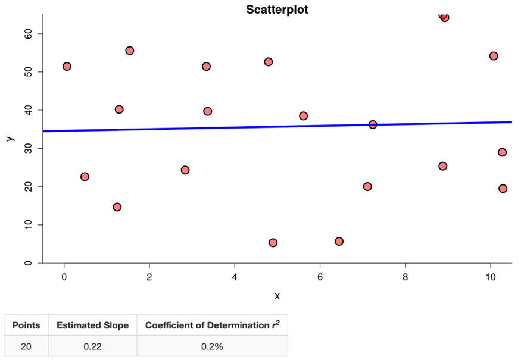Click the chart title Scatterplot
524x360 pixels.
coord(277,10)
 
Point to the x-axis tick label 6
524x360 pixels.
coord(320,276)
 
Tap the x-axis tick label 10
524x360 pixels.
coord(491,276)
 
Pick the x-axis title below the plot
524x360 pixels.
coord(277,296)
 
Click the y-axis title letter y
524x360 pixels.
coord(9,139)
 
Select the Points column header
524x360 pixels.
coord(26,325)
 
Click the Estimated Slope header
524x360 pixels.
coord(92,325)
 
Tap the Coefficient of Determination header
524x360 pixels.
coord(212,325)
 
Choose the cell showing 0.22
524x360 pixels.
coord(92,346)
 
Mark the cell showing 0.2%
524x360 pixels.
coord(212,346)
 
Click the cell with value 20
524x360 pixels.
coord(26,346)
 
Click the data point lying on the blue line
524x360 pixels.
coord(373,124)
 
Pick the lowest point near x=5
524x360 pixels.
coord(273,243)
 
